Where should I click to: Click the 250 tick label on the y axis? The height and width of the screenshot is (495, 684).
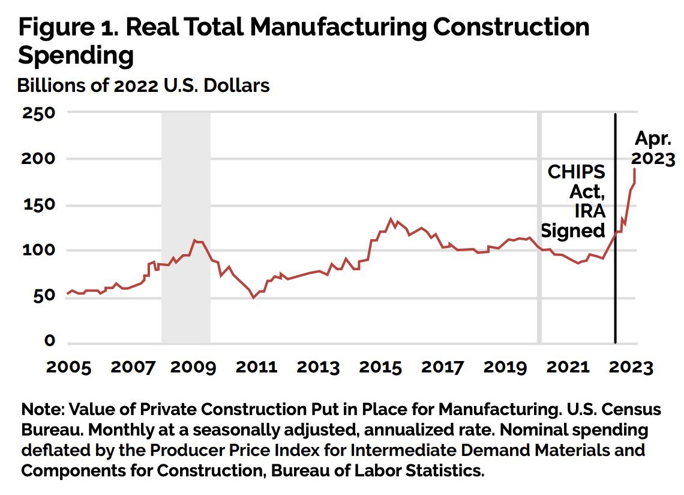[39, 113]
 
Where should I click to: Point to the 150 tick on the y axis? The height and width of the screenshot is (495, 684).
[39, 204]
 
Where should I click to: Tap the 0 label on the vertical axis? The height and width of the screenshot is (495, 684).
[50, 341]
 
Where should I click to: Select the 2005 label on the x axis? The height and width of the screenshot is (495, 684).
[68, 368]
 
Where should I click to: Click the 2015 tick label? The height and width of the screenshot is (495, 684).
[380, 368]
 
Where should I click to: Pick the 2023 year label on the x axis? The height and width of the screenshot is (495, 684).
[631, 368]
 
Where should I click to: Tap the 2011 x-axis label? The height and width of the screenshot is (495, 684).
[257, 368]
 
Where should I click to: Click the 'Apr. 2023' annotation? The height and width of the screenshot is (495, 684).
[653, 148]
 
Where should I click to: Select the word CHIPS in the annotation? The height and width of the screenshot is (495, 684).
[576, 172]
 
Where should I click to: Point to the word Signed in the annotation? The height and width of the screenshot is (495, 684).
[573, 231]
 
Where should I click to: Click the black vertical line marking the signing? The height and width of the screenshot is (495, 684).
[615, 228]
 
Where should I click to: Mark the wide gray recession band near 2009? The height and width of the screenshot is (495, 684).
[186, 228]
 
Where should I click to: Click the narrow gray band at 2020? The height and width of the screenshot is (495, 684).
[539, 228]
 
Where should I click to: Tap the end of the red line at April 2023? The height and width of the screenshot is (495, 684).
[634, 169]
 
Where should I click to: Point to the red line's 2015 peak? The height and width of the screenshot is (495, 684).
[391, 219]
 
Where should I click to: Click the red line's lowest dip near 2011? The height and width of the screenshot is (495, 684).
[253, 297]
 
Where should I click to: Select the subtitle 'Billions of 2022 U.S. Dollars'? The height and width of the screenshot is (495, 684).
[143, 86]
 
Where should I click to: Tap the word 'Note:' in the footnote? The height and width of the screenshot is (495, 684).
[43, 409]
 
